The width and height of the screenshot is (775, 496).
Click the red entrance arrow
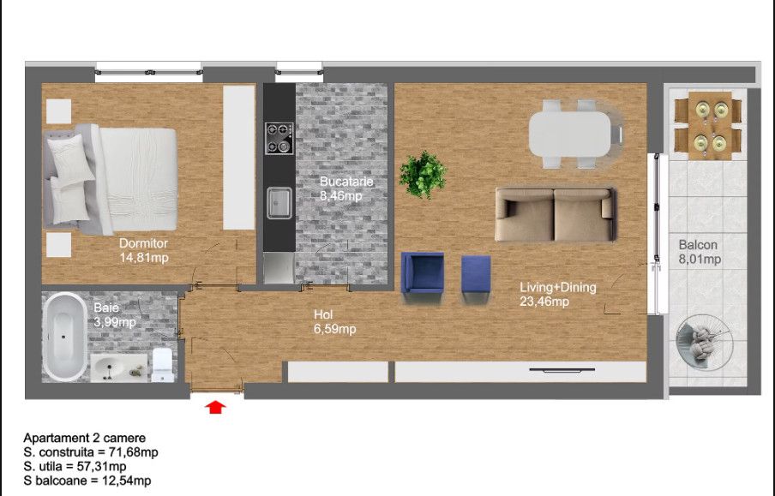pos(215,407)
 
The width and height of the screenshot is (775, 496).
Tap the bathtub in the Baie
pos(64,337)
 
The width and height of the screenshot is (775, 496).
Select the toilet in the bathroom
pos(162,365)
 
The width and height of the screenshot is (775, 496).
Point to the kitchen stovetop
pos(279,138)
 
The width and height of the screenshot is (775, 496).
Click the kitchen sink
pos(279,202)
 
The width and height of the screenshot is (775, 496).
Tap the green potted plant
pos(423,174)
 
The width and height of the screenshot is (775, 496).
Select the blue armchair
pos(422,276)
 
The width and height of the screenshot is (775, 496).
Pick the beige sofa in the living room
pos(556,214)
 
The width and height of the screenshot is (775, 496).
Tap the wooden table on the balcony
pos(710,125)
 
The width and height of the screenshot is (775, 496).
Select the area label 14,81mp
pos(144,257)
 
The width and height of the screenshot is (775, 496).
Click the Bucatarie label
pos(346,182)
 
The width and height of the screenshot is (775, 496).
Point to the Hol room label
pos(323,314)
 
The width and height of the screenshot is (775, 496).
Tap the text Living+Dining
pos(557,287)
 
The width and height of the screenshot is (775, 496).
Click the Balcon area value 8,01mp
pos(700,259)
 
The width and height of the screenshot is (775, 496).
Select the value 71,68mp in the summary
pos(134,452)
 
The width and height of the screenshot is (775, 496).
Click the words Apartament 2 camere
pos(85,438)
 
